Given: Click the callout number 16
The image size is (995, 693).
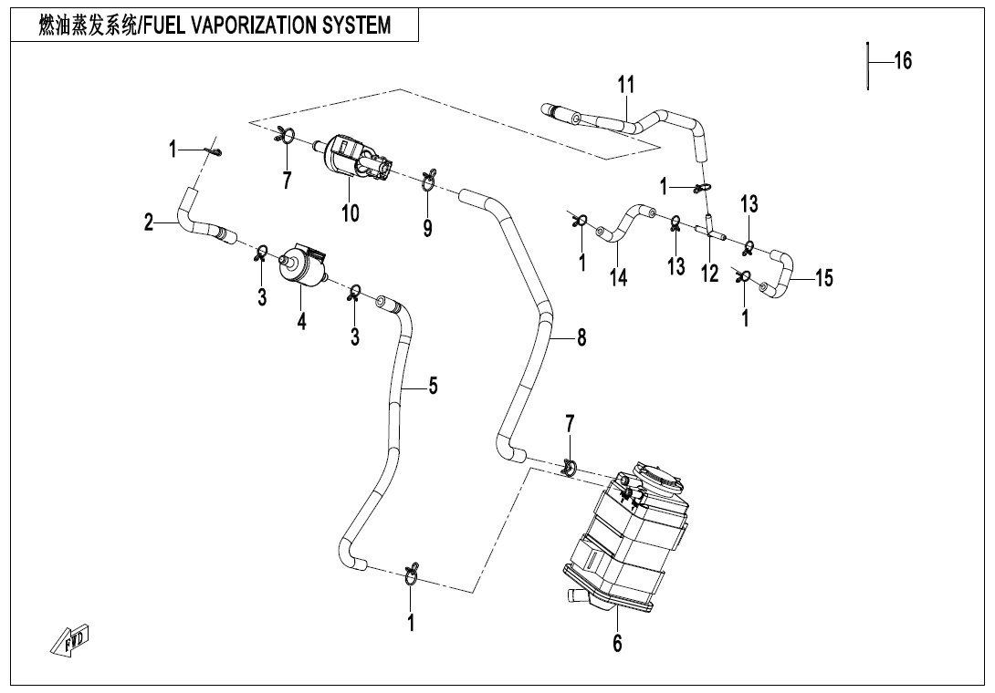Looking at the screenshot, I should [x=902, y=61].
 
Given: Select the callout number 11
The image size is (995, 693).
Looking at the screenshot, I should [x=625, y=85].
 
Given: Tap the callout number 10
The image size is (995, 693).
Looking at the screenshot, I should [x=351, y=213].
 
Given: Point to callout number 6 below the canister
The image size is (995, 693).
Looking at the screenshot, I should [x=617, y=643].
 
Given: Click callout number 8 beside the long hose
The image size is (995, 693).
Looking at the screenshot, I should [x=581, y=338].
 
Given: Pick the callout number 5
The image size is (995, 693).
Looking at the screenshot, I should [x=433, y=386].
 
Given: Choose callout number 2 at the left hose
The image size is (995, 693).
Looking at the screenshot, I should [x=149, y=222].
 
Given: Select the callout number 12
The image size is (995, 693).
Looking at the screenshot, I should [x=709, y=273].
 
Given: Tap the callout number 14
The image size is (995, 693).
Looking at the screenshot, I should [x=619, y=277].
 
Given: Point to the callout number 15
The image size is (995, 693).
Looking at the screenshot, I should [x=823, y=277].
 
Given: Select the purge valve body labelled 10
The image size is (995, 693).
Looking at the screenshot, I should [x=356, y=160].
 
